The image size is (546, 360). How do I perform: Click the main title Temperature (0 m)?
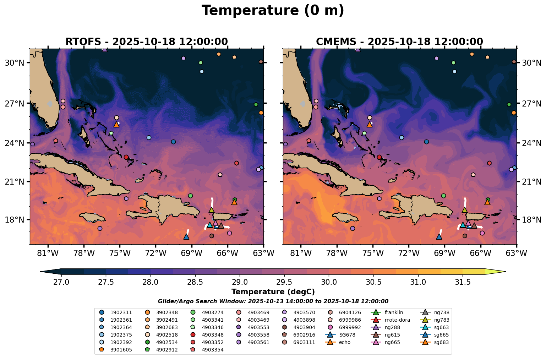tap(273, 11)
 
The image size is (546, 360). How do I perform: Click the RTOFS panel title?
tap(146, 42)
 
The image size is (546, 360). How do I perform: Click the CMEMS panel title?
tap(399, 42)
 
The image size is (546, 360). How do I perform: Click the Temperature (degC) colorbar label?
tap(273, 292)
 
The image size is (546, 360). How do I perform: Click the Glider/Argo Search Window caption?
tap(273, 301)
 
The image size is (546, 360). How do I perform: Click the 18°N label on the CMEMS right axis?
tap(531, 220)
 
